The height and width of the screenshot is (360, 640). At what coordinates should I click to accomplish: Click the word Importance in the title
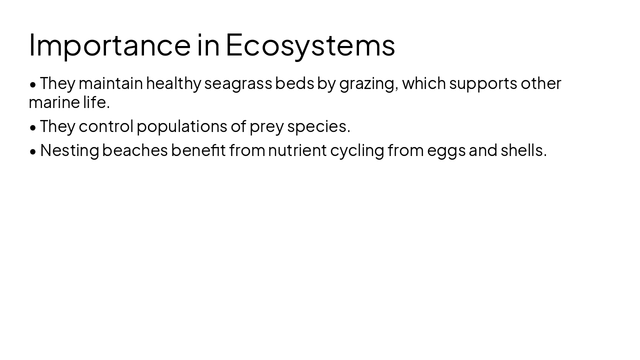point(109,45)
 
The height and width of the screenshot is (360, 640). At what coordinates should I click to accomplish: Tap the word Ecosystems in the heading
point(310,45)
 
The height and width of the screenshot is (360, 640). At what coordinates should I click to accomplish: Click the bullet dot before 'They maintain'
point(33,84)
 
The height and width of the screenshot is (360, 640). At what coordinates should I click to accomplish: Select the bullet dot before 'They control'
point(33,127)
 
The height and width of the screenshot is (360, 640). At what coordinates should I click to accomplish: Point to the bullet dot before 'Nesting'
point(33,151)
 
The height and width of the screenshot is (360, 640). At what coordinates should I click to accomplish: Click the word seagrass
point(238,83)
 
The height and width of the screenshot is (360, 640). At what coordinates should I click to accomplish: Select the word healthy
point(173,83)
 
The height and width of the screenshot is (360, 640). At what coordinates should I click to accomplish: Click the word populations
point(182,126)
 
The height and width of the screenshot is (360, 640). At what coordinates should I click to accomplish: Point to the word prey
point(266,126)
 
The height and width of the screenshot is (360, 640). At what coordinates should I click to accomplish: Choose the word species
point(318,126)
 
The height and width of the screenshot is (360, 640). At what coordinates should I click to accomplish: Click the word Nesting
point(69,150)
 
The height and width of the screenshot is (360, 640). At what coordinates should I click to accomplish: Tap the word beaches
point(135,150)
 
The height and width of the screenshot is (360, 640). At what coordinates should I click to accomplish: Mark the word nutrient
point(297,150)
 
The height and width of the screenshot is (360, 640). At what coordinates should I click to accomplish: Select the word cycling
point(357,150)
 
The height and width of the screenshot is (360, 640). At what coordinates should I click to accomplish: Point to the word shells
point(523,150)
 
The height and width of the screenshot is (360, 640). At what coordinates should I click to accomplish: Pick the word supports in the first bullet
point(483,83)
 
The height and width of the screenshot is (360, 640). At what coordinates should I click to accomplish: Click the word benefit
point(198,150)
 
